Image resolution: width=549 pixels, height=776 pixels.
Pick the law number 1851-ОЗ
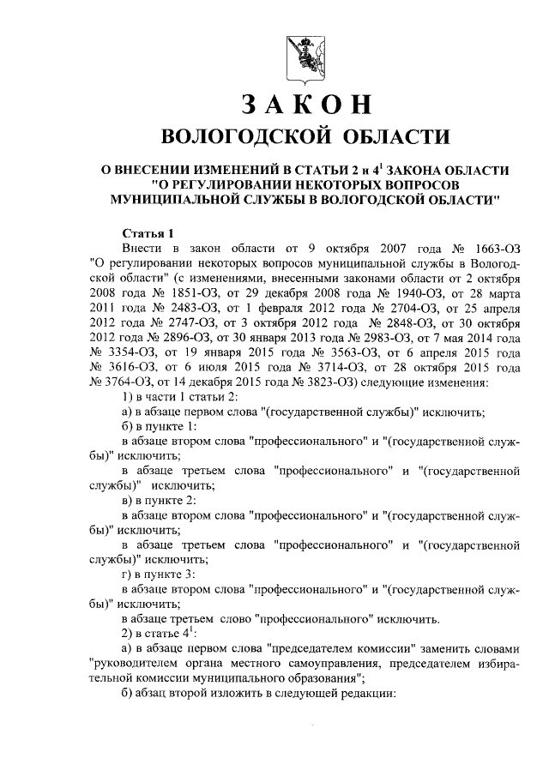click(x=181, y=294)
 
